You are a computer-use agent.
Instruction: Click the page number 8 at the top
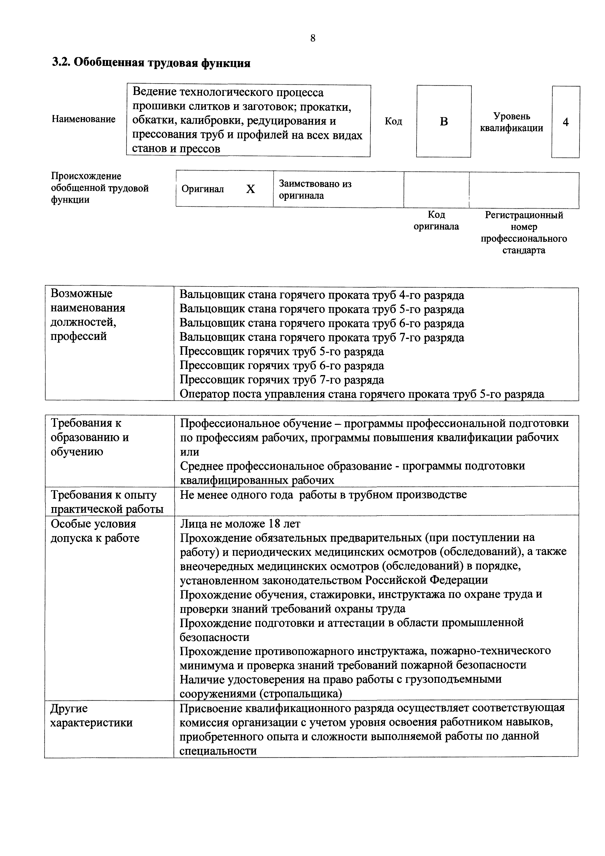pyautogui.click(x=312, y=38)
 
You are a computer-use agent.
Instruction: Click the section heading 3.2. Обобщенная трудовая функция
pyautogui.click(x=151, y=63)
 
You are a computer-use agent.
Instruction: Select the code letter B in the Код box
pyautogui.click(x=444, y=122)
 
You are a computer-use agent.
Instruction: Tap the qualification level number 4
pyautogui.click(x=565, y=122)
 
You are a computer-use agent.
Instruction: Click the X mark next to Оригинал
pyautogui.click(x=251, y=189)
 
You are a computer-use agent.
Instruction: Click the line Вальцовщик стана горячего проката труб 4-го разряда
pyautogui.click(x=322, y=295)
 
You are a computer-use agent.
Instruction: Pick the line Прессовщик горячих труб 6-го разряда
pyautogui.click(x=282, y=366)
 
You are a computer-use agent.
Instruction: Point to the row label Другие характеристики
pyautogui.click(x=91, y=715)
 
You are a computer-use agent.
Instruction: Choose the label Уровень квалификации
pyautogui.click(x=511, y=122)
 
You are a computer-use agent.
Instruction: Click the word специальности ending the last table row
pyautogui.click(x=218, y=751)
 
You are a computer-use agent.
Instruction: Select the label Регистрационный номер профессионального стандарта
pyautogui.click(x=524, y=232)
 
